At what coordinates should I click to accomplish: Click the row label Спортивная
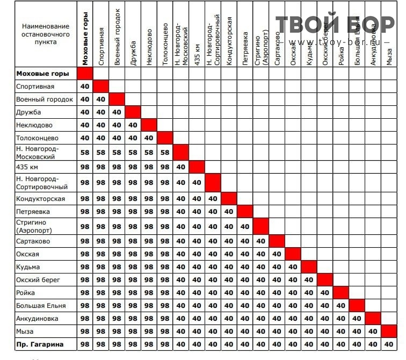tap(35, 87)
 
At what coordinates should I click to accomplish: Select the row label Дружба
tap(28, 112)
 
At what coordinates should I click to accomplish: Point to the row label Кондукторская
tap(40, 199)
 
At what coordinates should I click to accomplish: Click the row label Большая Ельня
tap(41, 306)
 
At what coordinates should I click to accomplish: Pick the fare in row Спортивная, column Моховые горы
tap(85, 87)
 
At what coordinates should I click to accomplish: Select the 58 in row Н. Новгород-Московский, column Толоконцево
tap(165, 153)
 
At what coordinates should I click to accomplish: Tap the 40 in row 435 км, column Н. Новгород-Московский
tap(181, 167)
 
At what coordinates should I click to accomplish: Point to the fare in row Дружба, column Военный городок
tap(117, 112)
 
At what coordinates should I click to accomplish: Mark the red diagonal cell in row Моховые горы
tap(85, 74)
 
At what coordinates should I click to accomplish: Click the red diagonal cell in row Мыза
tap(389, 332)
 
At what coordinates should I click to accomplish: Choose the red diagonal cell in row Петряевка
tap(245, 212)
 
